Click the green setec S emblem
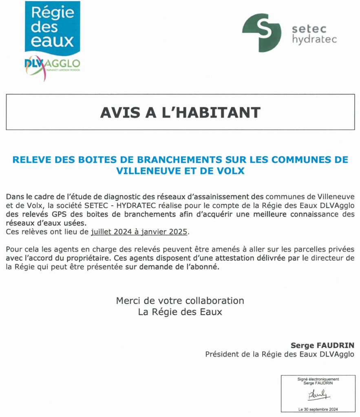261,33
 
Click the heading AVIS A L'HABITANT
180,112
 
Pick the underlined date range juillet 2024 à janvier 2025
140,232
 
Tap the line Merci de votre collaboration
180,301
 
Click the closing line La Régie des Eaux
180,312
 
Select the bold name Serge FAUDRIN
322,346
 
